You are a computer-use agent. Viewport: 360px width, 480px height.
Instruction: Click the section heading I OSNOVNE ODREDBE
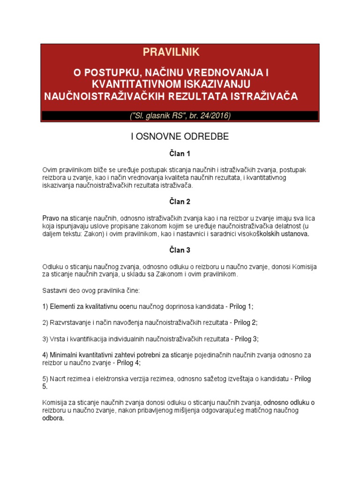(179, 136)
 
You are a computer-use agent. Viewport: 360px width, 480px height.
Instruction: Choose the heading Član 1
(180, 154)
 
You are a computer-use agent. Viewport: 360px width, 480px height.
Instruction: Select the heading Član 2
(180, 202)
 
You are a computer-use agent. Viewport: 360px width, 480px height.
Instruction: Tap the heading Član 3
(180, 250)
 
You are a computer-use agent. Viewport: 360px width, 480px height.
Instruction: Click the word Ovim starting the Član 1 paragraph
(50, 169)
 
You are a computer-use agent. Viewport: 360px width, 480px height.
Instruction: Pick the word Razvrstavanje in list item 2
(71, 322)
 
